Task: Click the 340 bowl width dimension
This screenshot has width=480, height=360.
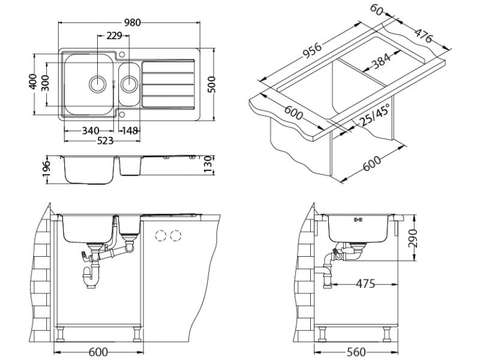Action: point(90,131)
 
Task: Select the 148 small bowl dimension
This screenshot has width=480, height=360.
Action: point(130,131)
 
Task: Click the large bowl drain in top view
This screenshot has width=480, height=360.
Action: point(97,83)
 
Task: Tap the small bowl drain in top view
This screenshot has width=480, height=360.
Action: point(128,83)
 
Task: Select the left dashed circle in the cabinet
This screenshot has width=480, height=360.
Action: point(160,236)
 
